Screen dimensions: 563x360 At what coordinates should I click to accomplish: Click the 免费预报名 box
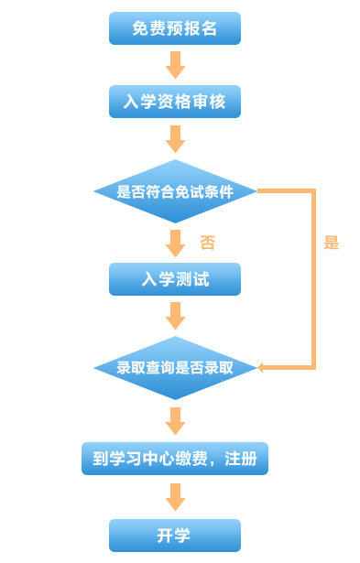pos(174,28)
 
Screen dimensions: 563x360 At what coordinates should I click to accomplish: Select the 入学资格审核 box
pos(174,102)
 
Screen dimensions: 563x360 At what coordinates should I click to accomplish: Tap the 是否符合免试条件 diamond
pos(174,191)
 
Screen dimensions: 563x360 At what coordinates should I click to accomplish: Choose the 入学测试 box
pos(174,279)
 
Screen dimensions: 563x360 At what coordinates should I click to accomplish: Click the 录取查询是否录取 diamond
pos(174,368)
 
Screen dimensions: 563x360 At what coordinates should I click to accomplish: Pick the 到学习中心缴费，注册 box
pos(174,458)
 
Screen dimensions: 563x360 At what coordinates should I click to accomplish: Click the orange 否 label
pos(208,243)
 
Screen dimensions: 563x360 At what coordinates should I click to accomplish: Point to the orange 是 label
pos(331,243)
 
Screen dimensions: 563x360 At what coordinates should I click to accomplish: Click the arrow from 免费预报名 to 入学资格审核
pos(175,65)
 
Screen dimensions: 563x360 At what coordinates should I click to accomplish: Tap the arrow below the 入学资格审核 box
pos(175,139)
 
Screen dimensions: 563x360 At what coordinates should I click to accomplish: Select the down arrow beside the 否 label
pos(175,244)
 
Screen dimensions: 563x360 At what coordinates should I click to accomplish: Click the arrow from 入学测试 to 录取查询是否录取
pos(175,316)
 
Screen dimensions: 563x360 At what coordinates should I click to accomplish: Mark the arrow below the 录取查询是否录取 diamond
pos(175,421)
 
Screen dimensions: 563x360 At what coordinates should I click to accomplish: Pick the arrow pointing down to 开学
pos(175,497)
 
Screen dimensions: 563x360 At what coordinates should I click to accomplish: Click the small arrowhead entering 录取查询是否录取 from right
pos(261,368)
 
